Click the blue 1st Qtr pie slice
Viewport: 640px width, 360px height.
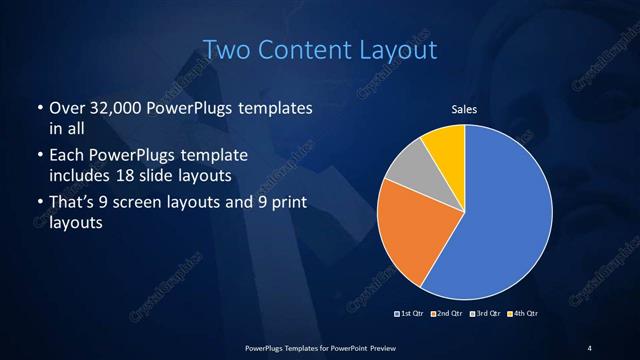[x=500, y=215]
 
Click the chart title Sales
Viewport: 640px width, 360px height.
[x=465, y=110]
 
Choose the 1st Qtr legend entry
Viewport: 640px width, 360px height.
[x=411, y=313]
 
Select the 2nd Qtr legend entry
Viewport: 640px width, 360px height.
[x=446, y=313]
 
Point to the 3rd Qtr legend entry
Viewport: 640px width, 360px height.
[x=484, y=313]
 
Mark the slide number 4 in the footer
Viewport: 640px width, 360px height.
[x=590, y=347]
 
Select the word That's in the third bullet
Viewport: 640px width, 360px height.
[x=72, y=204]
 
